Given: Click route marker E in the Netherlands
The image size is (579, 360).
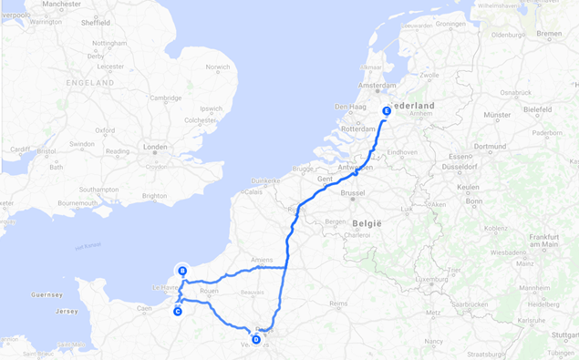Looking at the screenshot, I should pyautogui.click(x=387, y=111).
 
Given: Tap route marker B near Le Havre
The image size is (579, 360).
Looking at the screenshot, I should pyautogui.click(x=183, y=271).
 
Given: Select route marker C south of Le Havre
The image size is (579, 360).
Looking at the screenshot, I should pyautogui.click(x=178, y=312).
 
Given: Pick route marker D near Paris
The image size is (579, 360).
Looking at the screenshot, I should pyautogui.click(x=255, y=340).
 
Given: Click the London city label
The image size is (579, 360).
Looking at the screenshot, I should pyautogui.click(x=155, y=147).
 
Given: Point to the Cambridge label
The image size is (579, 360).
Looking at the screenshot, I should pyautogui.click(x=166, y=98).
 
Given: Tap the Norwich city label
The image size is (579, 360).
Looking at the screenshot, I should pyautogui.click(x=218, y=67).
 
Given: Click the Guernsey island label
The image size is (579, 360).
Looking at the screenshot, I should pyautogui.click(x=47, y=294).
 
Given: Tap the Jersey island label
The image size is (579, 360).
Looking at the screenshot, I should pyautogui.click(x=65, y=311).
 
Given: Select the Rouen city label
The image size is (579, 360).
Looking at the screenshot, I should pyautogui.click(x=209, y=291).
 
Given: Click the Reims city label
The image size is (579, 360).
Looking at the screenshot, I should pyautogui.click(x=338, y=303).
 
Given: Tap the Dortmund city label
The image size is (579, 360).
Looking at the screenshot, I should pyautogui.click(x=490, y=146).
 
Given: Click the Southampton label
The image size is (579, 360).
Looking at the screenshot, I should pyautogui.click(x=98, y=189).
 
